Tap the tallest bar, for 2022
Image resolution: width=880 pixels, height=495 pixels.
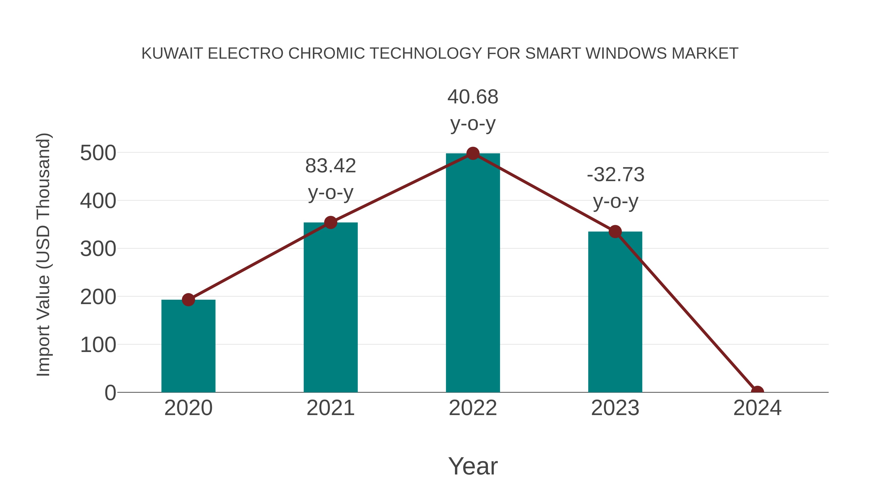tap(473, 273)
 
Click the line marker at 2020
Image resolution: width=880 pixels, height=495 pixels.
tap(188, 300)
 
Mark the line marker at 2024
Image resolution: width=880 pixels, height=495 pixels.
tap(757, 392)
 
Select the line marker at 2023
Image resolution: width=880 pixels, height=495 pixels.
tap(615, 232)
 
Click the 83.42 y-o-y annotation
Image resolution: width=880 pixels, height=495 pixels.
tap(330, 179)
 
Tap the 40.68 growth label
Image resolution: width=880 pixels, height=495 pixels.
tap(473, 110)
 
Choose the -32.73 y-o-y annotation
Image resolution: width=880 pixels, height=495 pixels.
tap(615, 188)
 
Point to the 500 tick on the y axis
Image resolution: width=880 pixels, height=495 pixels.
tap(98, 153)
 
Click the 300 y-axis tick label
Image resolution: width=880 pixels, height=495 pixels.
tap(98, 249)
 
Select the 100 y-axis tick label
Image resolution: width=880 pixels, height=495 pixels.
tap(98, 345)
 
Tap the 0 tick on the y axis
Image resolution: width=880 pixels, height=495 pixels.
tap(110, 393)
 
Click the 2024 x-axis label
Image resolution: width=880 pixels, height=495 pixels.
tap(757, 408)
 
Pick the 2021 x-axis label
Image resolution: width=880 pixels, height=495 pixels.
tap(330, 408)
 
